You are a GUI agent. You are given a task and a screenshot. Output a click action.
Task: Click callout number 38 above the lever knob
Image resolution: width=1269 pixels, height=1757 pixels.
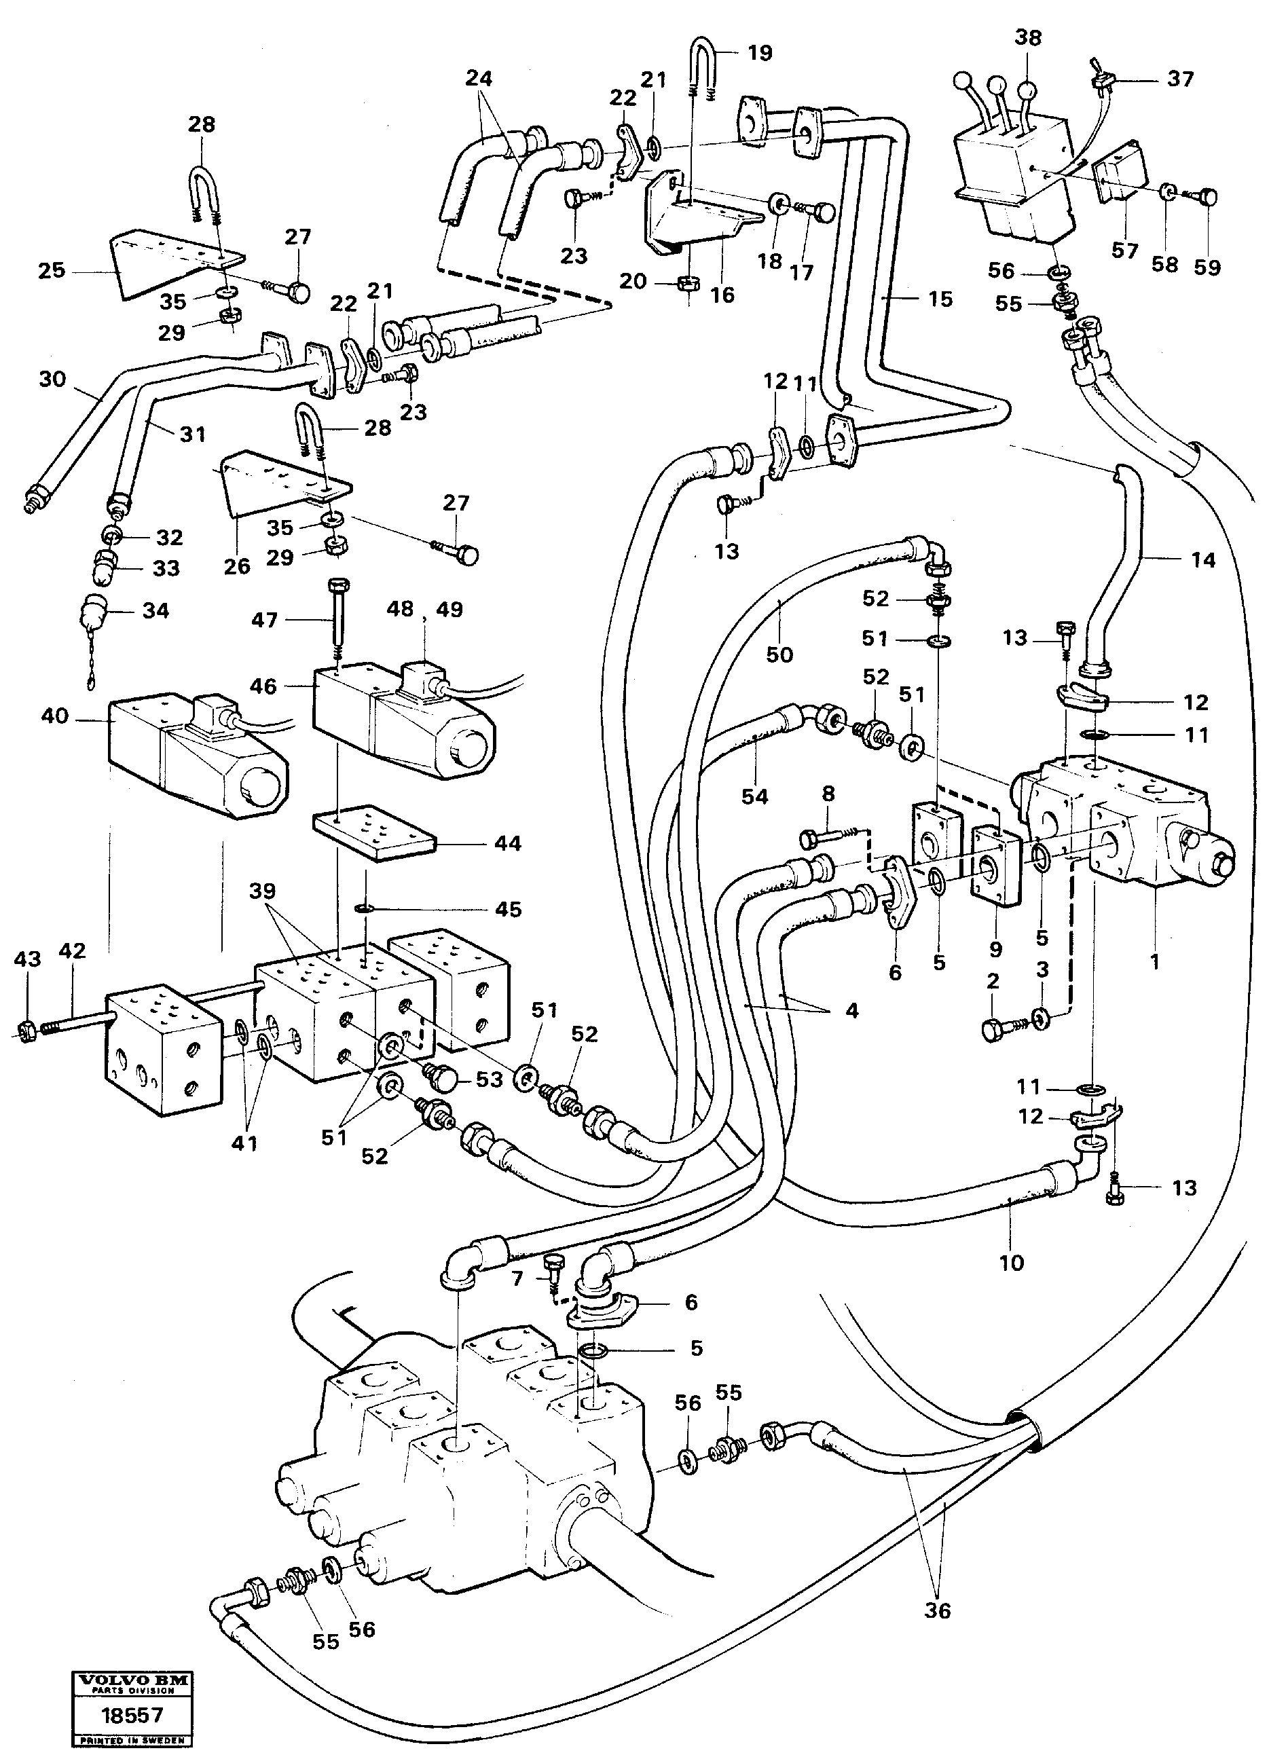tap(1027, 38)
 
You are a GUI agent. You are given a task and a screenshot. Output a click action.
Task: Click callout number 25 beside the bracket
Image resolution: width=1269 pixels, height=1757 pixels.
tap(51, 271)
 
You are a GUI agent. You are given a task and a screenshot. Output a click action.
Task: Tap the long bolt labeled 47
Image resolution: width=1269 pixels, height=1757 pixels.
tap(339, 620)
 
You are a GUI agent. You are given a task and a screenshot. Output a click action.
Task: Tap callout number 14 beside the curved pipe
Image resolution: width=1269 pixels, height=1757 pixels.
tap(1202, 560)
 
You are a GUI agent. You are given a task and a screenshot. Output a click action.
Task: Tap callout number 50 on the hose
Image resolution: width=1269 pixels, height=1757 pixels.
tap(779, 654)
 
